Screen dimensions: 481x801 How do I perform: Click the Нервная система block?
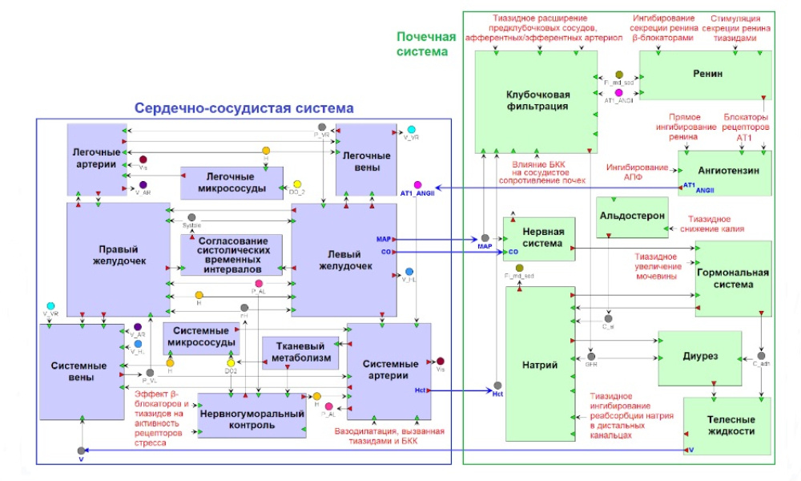coord(538,238)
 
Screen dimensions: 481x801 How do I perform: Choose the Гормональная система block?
coord(732,278)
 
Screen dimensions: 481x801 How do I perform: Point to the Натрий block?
coord(541,365)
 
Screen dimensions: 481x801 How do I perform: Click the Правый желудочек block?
coord(118,258)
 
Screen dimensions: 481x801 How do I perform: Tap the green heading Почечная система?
coord(426,43)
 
